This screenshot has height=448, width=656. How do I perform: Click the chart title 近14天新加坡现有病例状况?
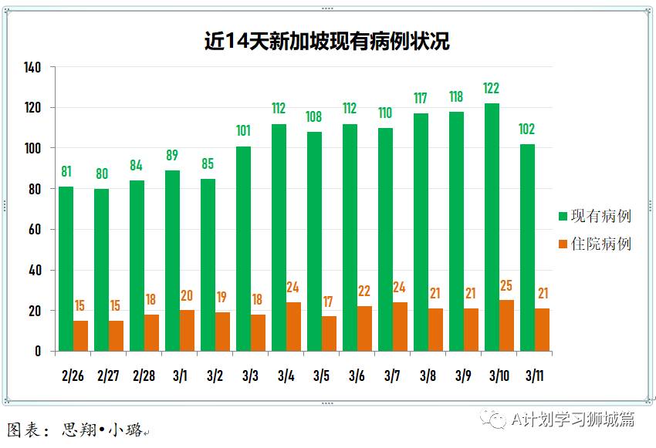[x=326, y=41]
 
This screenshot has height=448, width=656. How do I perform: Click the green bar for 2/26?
[x=66, y=269]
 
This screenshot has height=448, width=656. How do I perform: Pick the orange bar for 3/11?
[x=542, y=330]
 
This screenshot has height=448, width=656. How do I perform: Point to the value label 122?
[x=492, y=89]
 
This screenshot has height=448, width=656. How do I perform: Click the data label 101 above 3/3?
[x=243, y=131]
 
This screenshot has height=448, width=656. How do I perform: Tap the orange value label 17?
[x=329, y=302]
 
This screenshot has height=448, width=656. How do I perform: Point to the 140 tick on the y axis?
[x=32, y=67]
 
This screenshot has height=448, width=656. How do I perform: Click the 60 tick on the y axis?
[x=35, y=230]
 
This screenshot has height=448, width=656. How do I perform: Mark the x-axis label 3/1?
[x=179, y=376]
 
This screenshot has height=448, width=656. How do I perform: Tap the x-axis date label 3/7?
[x=391, y=376]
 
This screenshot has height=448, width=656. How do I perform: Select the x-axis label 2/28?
[x=144, y=376]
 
